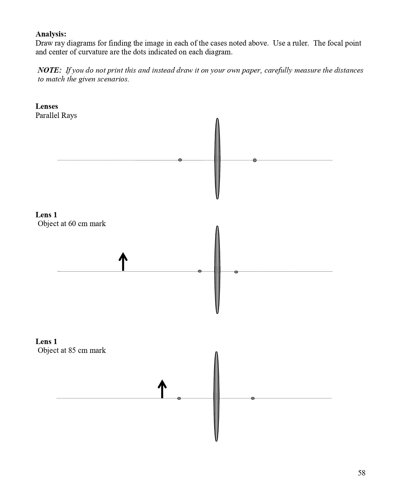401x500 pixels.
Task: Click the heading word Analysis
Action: coord(51,34)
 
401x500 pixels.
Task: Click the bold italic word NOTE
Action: coord(49,70)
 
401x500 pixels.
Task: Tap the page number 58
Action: coord(361,473)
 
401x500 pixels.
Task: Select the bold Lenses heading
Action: coord(47,106)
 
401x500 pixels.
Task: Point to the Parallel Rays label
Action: coord(56,115)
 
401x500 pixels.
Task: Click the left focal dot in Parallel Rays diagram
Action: coord(180,160)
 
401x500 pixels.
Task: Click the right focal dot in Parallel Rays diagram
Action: coord(255,160)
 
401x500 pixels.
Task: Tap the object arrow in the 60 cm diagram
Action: coord(123,261)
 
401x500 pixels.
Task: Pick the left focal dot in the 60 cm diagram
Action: coord(200,271)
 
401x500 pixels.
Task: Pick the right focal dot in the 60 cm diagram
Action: coord(236,272)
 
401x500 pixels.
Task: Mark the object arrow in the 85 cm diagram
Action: coord(162,389)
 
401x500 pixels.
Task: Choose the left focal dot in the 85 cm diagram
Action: coord(179,398)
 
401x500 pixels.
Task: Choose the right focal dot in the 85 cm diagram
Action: coord(253,398)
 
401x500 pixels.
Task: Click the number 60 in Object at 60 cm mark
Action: coord(72,224)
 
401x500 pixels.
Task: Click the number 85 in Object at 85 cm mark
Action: coord(72,350)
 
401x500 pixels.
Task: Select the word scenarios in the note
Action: coord(114,79)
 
